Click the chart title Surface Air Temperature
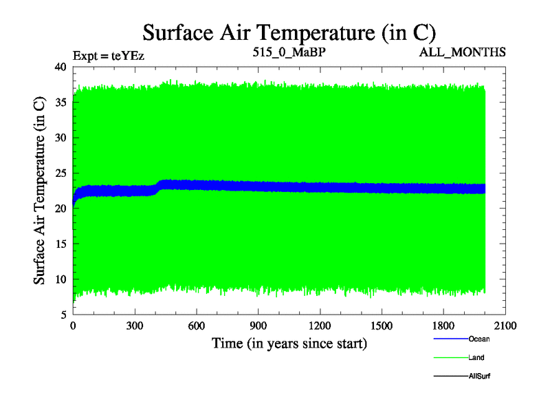(289, 32)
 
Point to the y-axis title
(40, 191)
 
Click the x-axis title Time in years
(289, 343)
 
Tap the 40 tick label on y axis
(60, 67)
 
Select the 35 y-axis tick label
(60, 103)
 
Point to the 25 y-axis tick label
(60, 173)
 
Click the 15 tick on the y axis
(60, 244)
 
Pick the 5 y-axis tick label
(63, 315)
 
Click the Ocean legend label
(479, 339)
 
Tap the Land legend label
(477, 358)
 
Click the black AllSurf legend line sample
(450, 377)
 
